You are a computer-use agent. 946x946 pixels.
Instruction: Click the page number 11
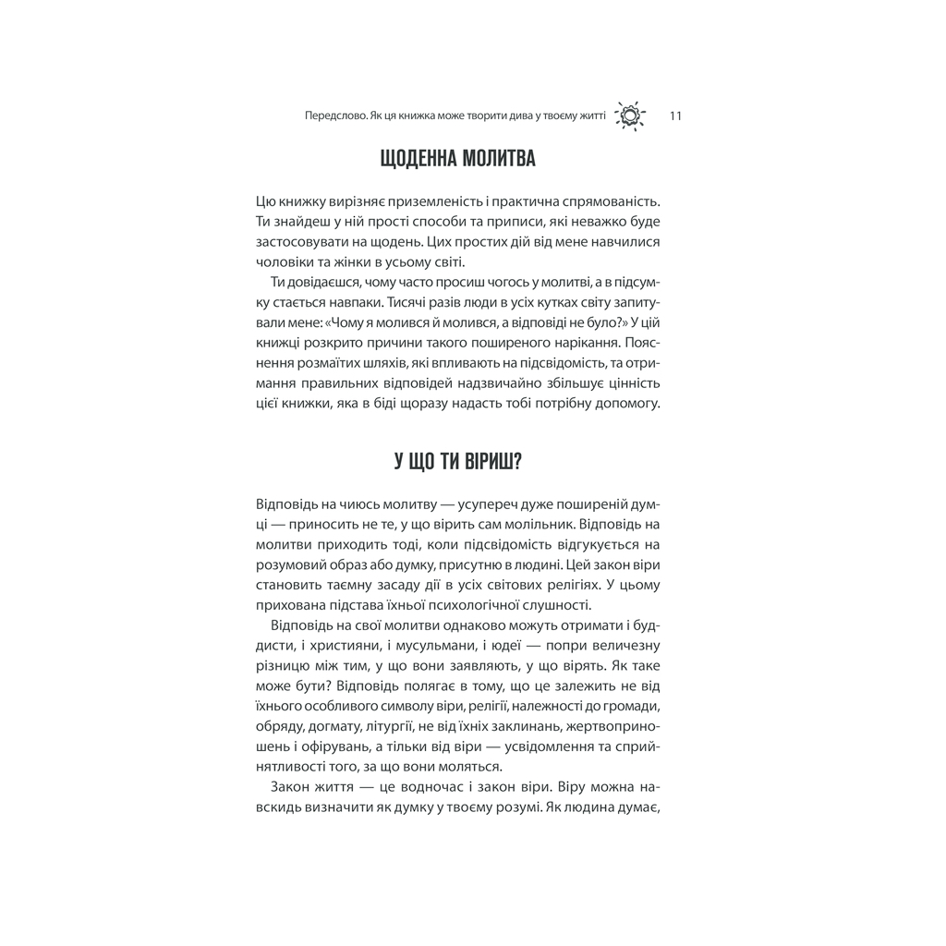pyautogui.click(x=674, y=116)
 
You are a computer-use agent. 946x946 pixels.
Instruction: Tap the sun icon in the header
pyautogui.click(x=631, y=116)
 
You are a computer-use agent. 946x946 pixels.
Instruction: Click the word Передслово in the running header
pyautogui.click(x=330, y=116)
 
